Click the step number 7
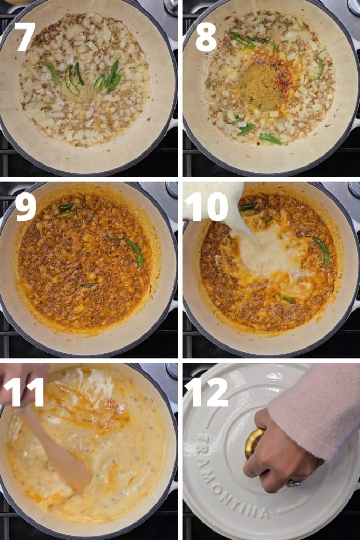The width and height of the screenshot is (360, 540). (25, 36)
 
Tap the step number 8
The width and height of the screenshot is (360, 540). (206, 36)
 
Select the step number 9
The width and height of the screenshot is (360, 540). (25, 207)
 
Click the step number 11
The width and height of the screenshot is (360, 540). (24, 392)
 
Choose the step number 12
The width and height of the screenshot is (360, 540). (206, 392)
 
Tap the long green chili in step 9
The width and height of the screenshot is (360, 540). (134, 252)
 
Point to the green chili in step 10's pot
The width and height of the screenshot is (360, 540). (322, 249)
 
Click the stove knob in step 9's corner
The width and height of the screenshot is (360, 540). (172, 189)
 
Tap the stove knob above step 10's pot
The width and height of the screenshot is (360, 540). (354, 189)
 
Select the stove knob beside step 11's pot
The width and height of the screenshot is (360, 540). (172, 371)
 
